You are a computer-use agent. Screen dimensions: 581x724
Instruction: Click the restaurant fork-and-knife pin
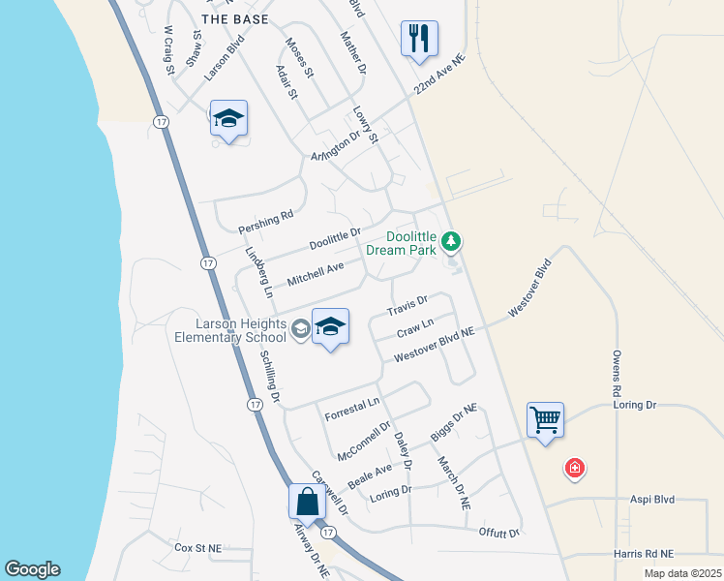pos(419,40)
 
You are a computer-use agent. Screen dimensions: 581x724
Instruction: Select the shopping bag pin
pos(307,503)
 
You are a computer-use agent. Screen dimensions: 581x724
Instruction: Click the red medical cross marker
pos(575,470)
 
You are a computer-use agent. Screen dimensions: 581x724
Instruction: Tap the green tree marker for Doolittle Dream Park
pos(450,239)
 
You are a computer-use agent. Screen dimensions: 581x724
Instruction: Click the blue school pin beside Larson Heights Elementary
pos(330,327)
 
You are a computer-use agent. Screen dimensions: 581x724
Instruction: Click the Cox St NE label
pos(197,548)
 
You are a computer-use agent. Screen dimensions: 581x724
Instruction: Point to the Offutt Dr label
pos(499,533)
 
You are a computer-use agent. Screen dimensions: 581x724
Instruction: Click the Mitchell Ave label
pos(316,274)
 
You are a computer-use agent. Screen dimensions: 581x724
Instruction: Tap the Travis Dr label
pos(407,306)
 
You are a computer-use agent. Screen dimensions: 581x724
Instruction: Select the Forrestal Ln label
pos(352,407)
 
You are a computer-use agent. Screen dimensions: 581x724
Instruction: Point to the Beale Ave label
pos(370,474)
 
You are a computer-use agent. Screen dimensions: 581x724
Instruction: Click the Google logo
pos(32,569)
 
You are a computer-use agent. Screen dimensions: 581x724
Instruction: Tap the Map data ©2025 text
pos(681,573)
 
